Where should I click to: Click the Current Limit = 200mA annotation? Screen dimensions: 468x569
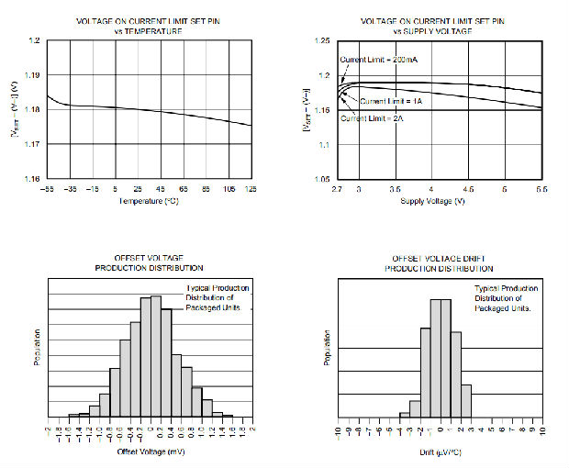[x=378, y=60]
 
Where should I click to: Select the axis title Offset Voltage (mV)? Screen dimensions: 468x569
[x=151, y=451]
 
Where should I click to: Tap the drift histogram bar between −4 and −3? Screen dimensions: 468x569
[x=403, y=416]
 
